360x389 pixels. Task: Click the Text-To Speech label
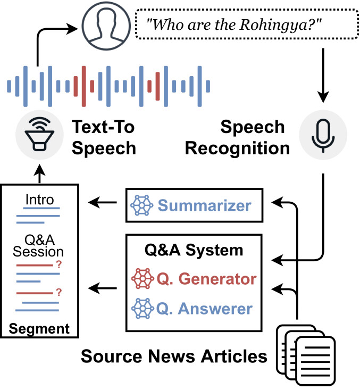coord(104,137)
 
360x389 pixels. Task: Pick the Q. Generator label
coord(206,278)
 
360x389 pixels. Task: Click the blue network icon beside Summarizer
coord(142,204)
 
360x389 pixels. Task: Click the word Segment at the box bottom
coord(40,328)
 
